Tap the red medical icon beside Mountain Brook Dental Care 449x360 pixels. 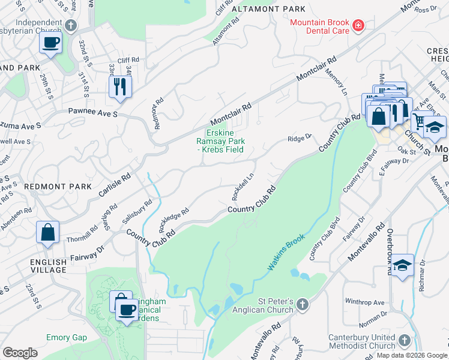coord(358,25)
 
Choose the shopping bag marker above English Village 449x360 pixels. coord(47,232)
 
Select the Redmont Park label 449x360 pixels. coord(49,187)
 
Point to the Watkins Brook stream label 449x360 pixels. coord(286,251)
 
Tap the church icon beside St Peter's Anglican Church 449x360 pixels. coord(303,305)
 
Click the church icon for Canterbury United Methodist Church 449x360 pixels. coord(405,341)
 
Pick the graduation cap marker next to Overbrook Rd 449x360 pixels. coord(404,265)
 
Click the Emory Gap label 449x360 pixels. coord(67,338)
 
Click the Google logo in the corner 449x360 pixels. coord(20,352)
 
